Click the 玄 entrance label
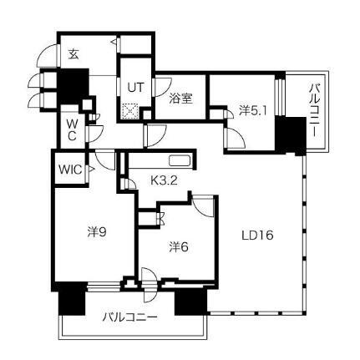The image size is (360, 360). tap(74, 54)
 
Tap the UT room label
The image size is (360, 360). tap(135, 88)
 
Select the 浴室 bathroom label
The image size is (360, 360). tap(181, 99)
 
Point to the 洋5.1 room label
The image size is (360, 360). tap(253, 111)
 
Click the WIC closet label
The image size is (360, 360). tap(70, 170)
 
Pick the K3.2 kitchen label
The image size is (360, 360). tap(164, 181)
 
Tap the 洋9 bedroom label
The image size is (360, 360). tap(97, 231)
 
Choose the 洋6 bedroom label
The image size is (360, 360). tap(179, 246)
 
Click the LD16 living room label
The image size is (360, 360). tap(257, 236)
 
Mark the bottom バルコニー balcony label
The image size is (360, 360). tap(130, 317)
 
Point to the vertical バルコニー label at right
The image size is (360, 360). tap(314, 111)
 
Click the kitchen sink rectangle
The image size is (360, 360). tap(180, 161)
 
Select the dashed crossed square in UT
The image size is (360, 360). tap(130, 111)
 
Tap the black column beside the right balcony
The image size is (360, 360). tap(291, 135)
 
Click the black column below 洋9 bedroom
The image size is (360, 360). tap(72, 298)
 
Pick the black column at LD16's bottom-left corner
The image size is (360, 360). tap(191, 302)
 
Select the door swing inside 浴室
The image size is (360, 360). tap(163, 87)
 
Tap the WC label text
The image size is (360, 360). tap(72, 129)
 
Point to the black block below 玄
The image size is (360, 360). tap(73, 86)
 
